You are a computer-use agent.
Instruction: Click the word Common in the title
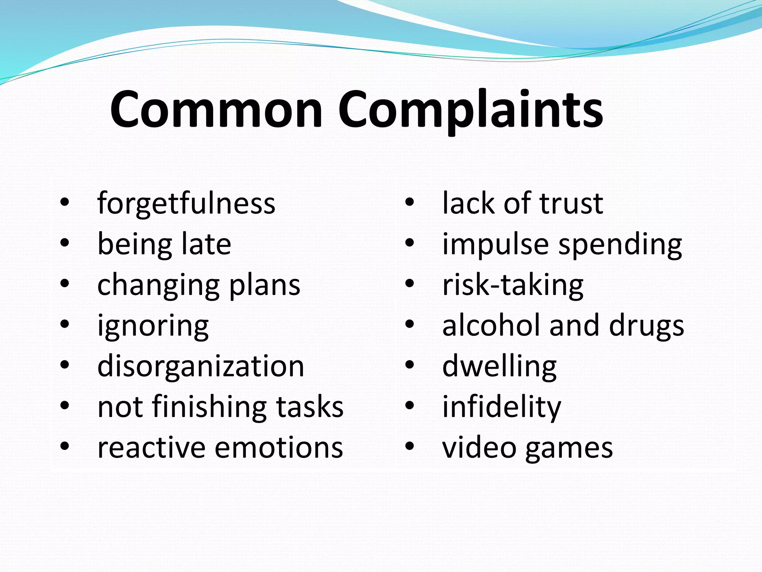[x=216, y=110]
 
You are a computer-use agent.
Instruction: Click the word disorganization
[x=201, y=366]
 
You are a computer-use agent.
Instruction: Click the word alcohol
[x=491, y=325]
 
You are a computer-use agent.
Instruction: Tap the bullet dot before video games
[x=410, y=446]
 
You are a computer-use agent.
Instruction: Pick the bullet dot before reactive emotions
[x=65, y=446]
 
